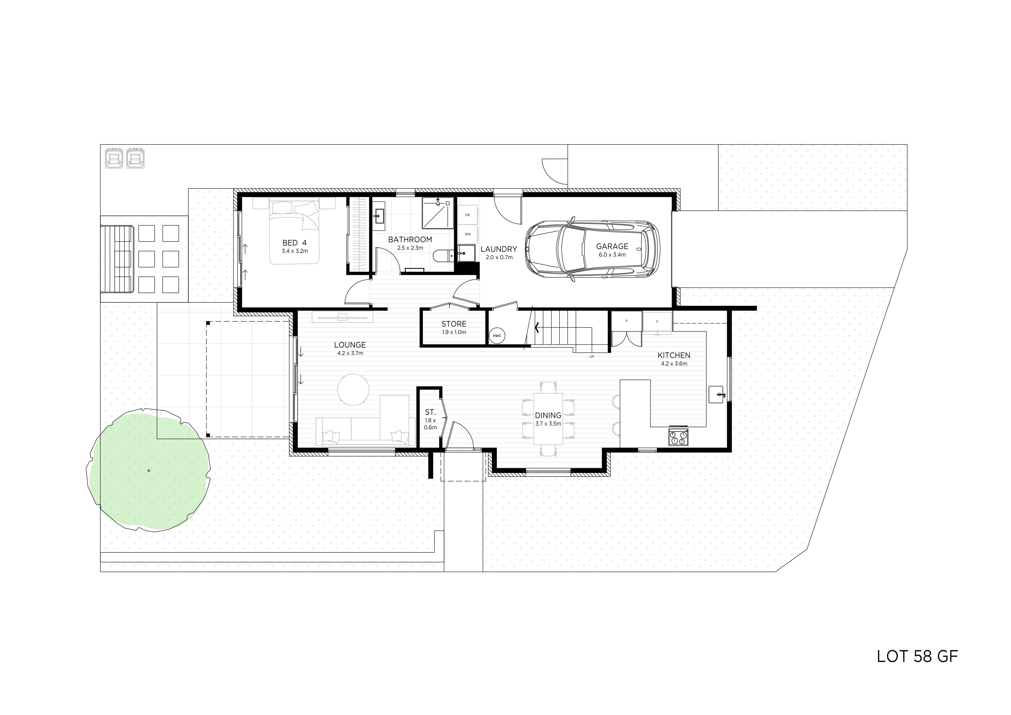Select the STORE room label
(454, 324)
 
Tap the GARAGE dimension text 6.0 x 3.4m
(612, 255)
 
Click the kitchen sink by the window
(717, 394)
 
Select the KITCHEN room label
(674, 355)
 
